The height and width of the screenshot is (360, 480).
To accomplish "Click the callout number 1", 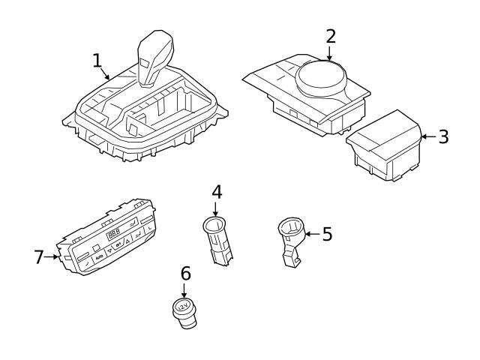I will pyautogui.click(x=97, y=60).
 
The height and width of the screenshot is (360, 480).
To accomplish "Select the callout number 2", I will pyautogui.click(x=331, y=35).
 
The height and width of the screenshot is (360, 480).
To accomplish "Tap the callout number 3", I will pyautogui.click(x=443, y=136).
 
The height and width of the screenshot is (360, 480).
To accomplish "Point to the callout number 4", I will pyautogui.click(x=217, y=191).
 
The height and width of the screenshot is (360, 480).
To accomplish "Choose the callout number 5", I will pyautogui.click(x=326, y=233).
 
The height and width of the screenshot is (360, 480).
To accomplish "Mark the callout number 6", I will pyautogui.click(x=185, y=274).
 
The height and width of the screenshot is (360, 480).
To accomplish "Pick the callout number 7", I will pyautogui.click(x=40, y=256).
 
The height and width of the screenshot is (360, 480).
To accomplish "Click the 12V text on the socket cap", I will pyautogui.click(x=182, y=306).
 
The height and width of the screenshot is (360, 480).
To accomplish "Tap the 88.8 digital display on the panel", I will pyautogui.click(x=115, y=235).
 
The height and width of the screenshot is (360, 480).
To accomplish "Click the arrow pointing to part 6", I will pyautogui.click(x=185, y=289).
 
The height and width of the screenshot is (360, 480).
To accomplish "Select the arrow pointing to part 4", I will pyautogui.click(x=216, y=208).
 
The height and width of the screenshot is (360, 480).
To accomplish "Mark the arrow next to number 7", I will pyautogui.click(x=55, y=256).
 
